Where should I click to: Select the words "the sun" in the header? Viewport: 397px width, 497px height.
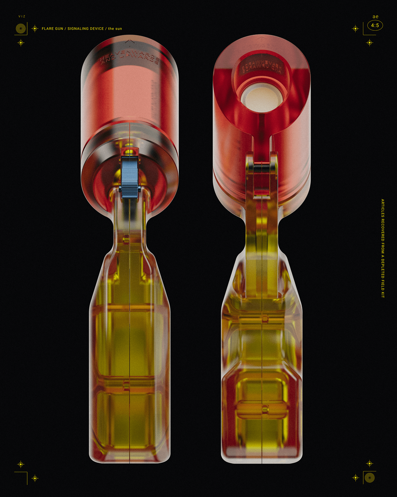[x=115, y=29]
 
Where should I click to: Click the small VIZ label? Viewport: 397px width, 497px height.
[x=22, y=16]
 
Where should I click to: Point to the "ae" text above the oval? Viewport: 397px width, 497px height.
[x=375, y=17]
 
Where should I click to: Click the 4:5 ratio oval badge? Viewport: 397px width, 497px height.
[x=375, y=26]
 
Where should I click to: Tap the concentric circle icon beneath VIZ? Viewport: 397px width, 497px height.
[x=21, y=29]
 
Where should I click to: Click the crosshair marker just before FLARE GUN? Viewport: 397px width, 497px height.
[x=35, y=28]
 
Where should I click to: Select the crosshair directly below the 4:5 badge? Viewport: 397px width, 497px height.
[x=369, y=43]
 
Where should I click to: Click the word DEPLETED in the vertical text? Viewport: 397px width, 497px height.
[x=383, y=269]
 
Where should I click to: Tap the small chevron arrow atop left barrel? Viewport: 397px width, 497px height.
[x=130, y=41]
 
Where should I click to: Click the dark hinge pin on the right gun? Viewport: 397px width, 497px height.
[x=261, y=168]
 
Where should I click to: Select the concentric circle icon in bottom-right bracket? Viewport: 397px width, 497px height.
[x=369, y=478]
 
